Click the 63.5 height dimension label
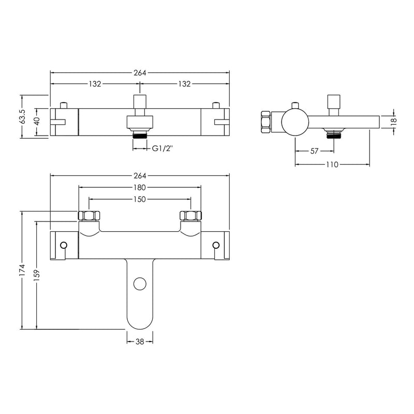(23, 116)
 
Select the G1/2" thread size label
(162, 149)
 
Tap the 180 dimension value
(140, 187)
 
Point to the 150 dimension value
(140, 199)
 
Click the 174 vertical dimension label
(22, 270)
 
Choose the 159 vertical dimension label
(37, 275)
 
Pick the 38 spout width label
(140, 342)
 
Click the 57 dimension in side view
(314, 151)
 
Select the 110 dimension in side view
(332, 165)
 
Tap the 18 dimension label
(394, 122)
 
